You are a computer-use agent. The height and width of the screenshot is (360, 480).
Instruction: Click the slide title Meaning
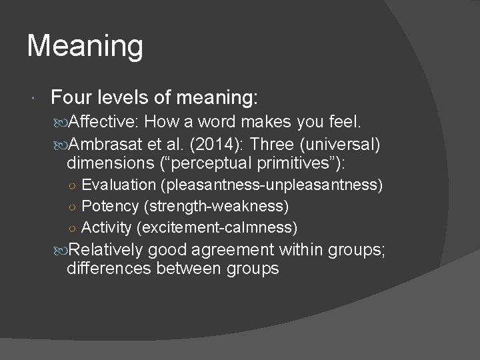pos(85,47)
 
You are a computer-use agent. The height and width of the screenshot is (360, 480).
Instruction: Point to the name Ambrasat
pos(111,144)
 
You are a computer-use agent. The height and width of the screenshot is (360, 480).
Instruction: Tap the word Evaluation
pos(111,184)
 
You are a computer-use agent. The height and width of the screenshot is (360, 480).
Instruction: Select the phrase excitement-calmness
pos(217,228)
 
